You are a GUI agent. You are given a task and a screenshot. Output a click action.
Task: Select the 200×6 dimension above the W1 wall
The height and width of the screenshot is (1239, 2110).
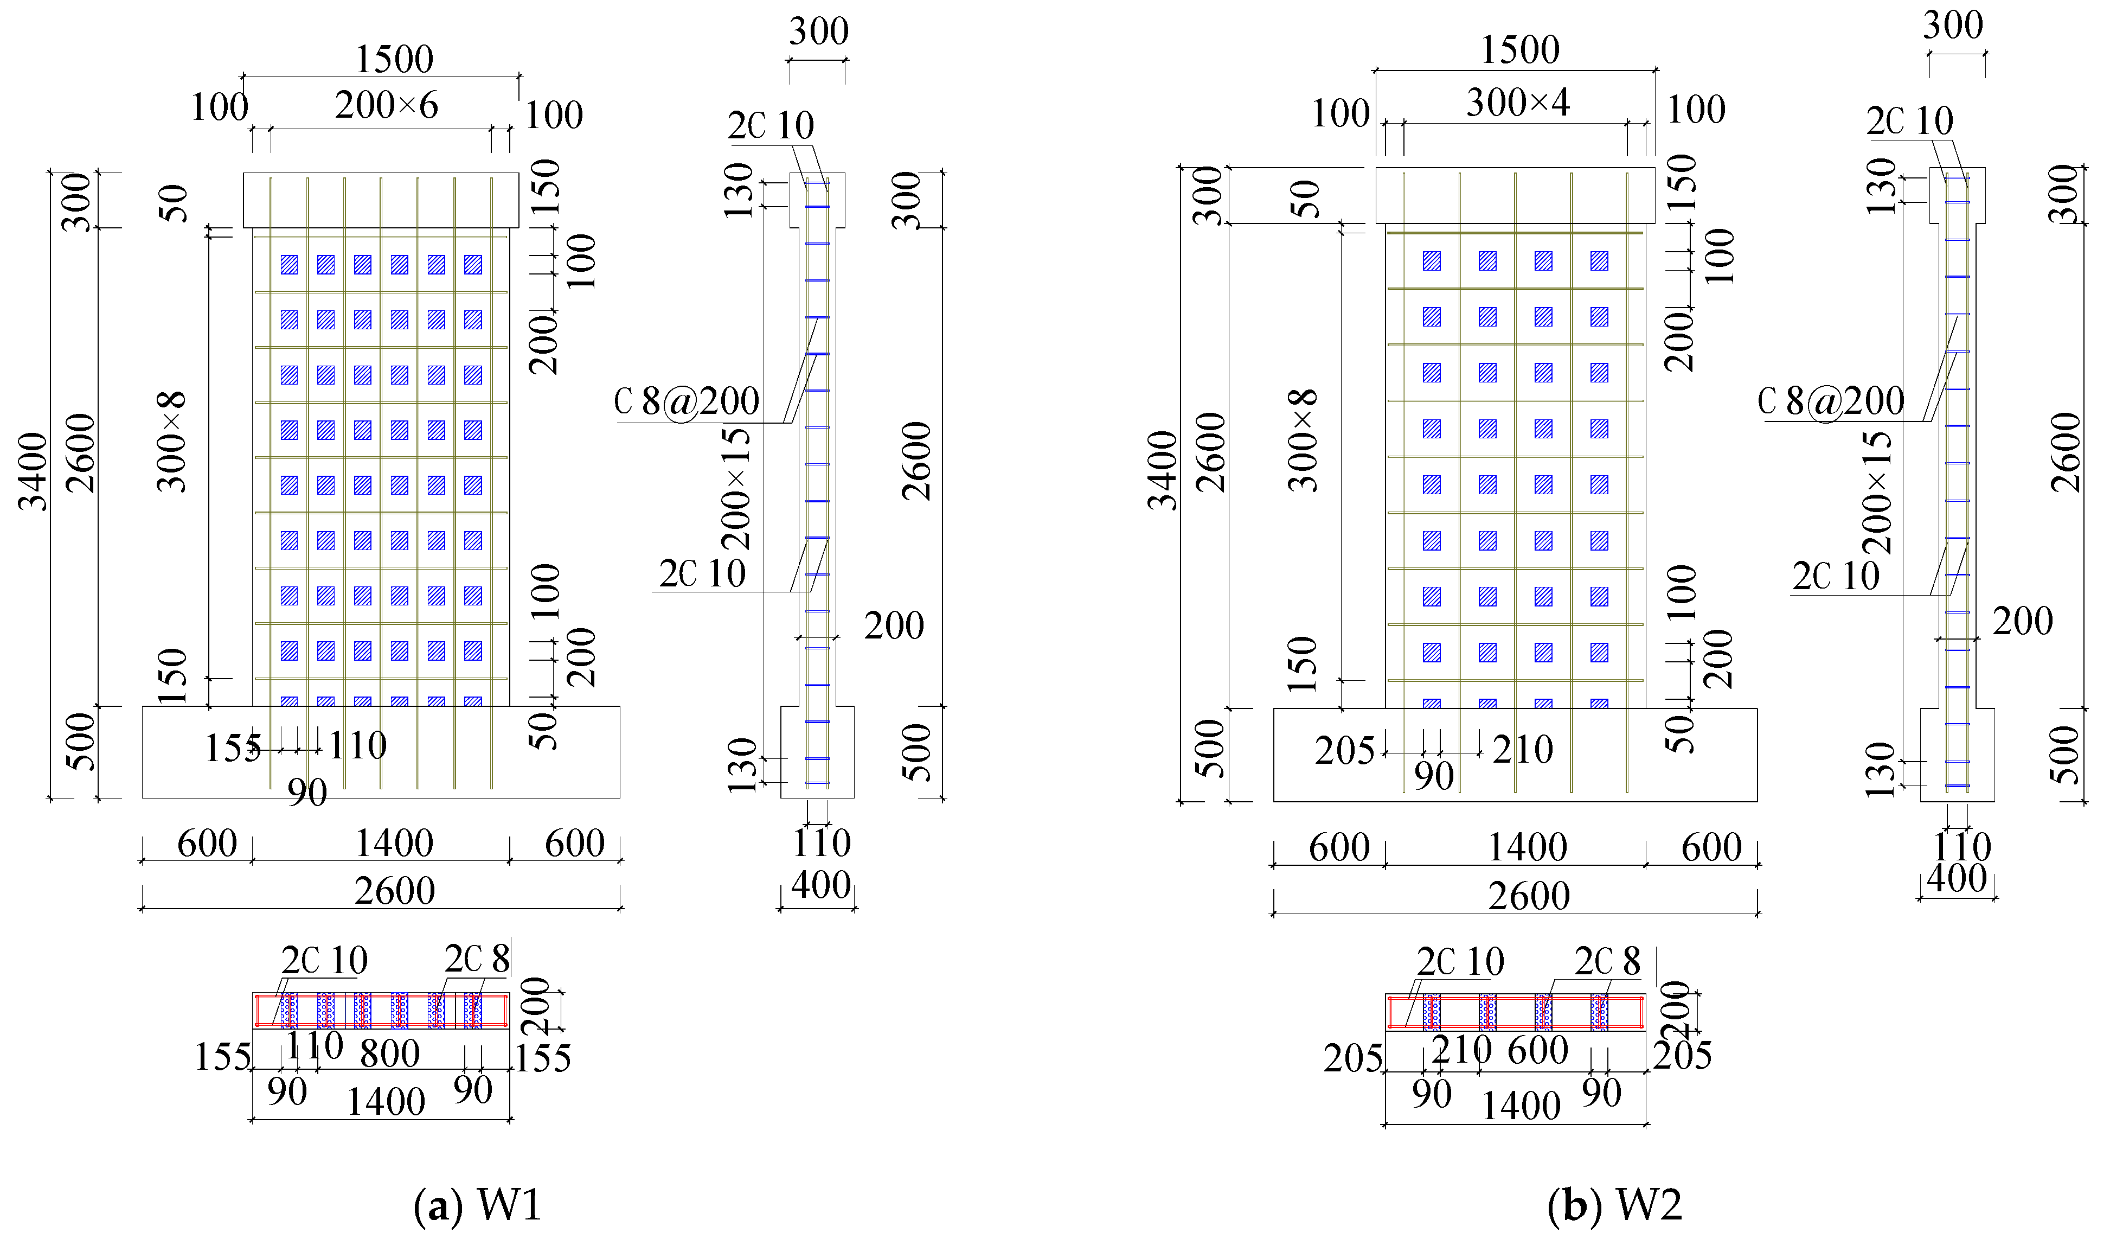pos(386,106)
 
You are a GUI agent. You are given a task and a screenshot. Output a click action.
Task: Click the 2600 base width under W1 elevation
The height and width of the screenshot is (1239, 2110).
pos(394,891)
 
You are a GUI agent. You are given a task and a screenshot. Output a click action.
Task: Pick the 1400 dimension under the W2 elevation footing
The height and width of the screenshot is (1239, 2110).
pos(1527,847)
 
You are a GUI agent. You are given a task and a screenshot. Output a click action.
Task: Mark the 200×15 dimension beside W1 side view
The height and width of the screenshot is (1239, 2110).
pos(736,488)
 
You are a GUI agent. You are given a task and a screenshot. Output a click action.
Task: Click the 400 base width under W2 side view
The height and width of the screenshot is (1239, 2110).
pos(1956,879)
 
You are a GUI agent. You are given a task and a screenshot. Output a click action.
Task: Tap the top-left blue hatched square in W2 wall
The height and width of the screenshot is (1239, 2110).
pos(1432,261)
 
